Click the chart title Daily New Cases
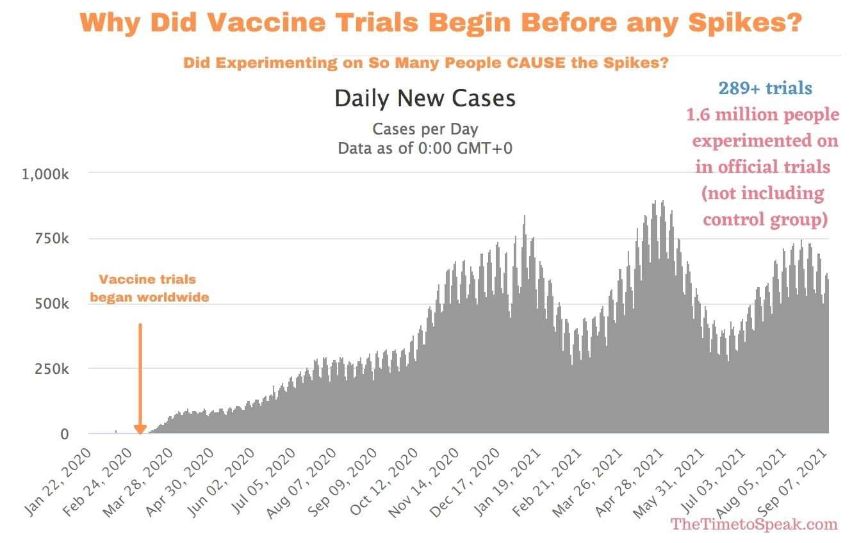point(425,99)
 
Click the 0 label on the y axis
point(64,434)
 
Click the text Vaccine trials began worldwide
point(149,288)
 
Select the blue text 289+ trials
point(765,88)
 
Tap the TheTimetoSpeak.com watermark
point(754,524)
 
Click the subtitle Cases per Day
point(425,129)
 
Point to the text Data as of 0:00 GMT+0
point(425,148)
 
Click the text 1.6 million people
point(762,115)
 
